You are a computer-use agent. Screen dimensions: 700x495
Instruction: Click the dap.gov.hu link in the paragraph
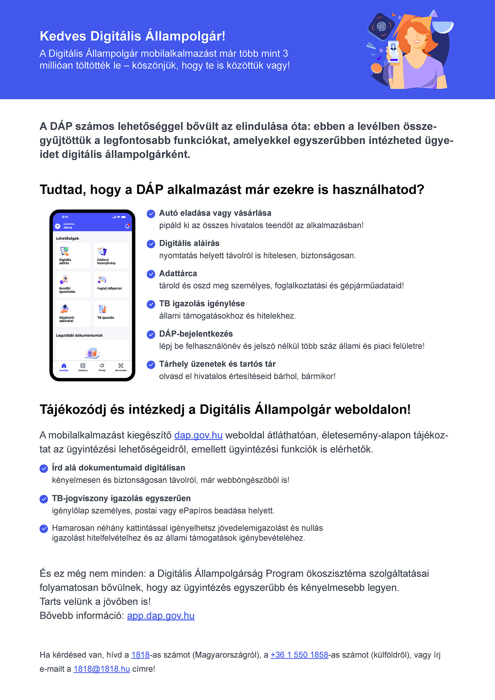click(198, 435)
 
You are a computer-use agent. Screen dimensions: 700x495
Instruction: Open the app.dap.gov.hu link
click(161, 616)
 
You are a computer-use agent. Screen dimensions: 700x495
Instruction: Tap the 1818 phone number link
click(140, 655)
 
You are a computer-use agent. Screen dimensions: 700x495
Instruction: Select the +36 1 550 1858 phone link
click(299, 655)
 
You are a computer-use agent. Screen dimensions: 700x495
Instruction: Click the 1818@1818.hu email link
click(102, 669)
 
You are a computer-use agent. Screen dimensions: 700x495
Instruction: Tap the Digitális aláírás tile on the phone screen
click(73, 256)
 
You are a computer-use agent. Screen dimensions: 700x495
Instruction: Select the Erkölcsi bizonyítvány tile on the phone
click(111, 256)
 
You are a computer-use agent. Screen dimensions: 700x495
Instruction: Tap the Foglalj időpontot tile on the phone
click(111, 284)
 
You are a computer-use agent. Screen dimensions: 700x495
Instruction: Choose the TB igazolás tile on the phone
click(111, 313)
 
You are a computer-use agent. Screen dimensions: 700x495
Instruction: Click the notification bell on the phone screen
click(127, 226)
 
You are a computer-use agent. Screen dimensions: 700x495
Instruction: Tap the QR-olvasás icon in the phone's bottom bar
click(121, 366)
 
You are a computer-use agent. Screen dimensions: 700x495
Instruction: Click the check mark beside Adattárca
click(151, 274)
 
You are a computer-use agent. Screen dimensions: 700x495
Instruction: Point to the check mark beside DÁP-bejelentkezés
click(151, 334)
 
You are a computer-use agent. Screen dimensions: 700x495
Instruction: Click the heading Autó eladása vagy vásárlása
click(215, 213)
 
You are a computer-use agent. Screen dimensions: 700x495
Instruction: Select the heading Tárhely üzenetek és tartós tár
click(217, 364)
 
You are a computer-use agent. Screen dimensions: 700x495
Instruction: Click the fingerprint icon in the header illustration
click(381, 26)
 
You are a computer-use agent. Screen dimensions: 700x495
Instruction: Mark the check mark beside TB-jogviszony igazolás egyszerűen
click(44, 499)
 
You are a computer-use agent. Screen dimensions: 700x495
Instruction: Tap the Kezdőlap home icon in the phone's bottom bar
click(64, 367)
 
